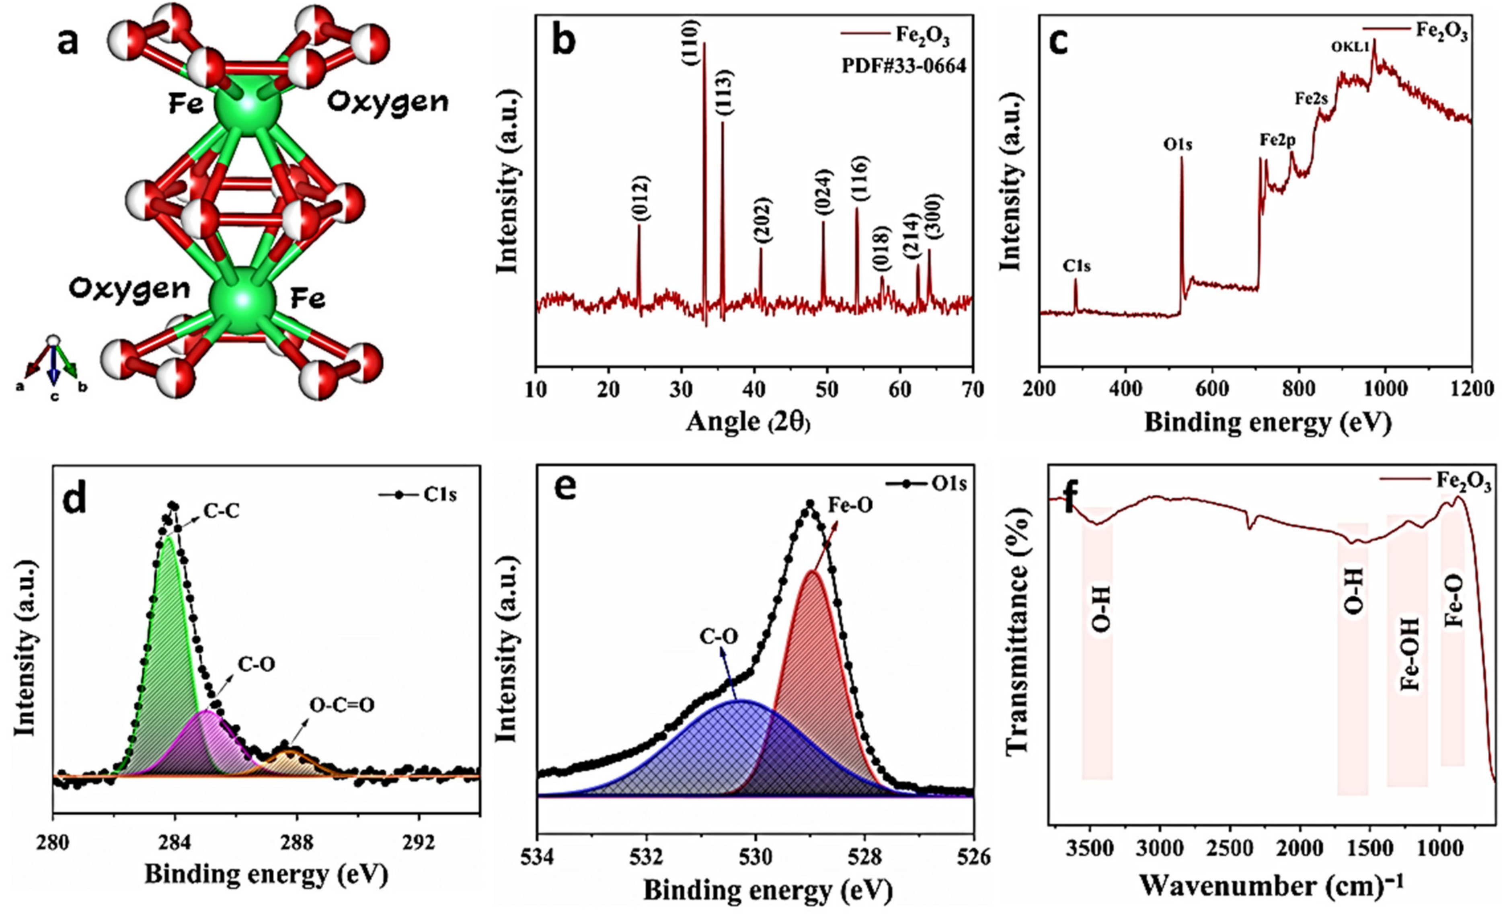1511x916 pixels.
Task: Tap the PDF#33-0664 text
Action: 903,65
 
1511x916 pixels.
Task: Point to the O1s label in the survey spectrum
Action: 1177,145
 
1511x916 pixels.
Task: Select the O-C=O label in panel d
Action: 342,706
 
